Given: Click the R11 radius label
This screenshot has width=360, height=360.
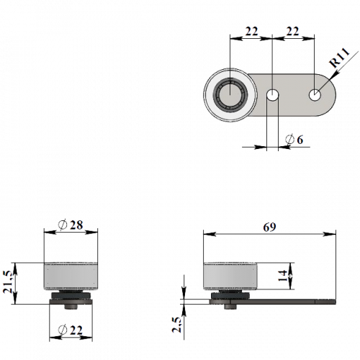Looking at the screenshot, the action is tap(340, 58).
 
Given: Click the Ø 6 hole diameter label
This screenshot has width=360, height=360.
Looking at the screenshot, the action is tap(294, 140).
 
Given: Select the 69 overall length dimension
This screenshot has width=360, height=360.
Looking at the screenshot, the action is tap(269, 227).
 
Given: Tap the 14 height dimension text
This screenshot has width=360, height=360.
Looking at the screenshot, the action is tap(283, 276).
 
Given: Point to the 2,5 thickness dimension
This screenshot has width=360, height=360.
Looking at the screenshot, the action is tap(176, 325).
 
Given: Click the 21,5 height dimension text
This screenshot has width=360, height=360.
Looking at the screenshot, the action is tap(8, 282).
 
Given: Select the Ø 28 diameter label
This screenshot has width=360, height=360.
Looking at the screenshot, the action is tap(71, 225).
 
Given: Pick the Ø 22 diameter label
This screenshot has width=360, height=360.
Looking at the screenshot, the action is tap(71, 330).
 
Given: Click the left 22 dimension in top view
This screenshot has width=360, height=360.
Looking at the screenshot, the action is tap(251, 31).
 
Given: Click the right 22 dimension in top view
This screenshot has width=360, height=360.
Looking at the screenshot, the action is tap(292, 31).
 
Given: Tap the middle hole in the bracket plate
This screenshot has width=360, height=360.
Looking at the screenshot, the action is tap(273, 95).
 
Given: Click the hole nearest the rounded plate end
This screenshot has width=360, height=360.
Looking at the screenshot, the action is tap(315, 95).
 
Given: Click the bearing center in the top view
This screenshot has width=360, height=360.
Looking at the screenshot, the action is tap(230, 94).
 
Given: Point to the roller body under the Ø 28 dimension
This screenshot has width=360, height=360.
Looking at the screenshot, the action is tap(71, 276).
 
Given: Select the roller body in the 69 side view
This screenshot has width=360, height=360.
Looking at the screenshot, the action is tap(230, 276).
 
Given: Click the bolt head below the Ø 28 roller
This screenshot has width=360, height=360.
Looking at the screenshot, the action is tap(71, 307).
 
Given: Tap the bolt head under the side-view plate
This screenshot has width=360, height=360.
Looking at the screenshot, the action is tap(230, 307).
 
